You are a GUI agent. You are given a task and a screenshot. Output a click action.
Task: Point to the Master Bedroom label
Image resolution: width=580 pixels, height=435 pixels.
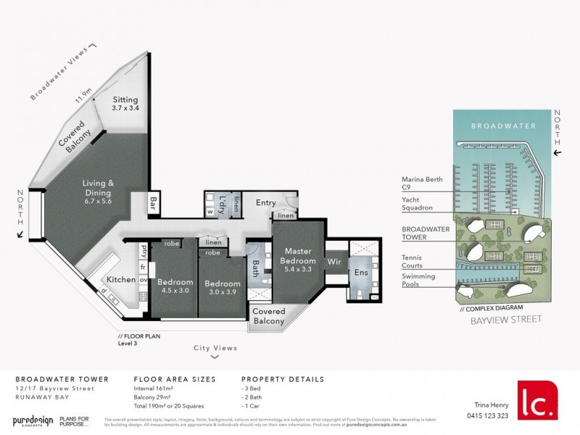(x=298, y=256)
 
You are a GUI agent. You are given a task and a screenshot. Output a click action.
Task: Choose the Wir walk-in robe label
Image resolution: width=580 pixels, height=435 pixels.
(x=334, y=260)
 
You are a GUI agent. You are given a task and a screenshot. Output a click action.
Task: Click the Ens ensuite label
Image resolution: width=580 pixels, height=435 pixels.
(x=360, y=275)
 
